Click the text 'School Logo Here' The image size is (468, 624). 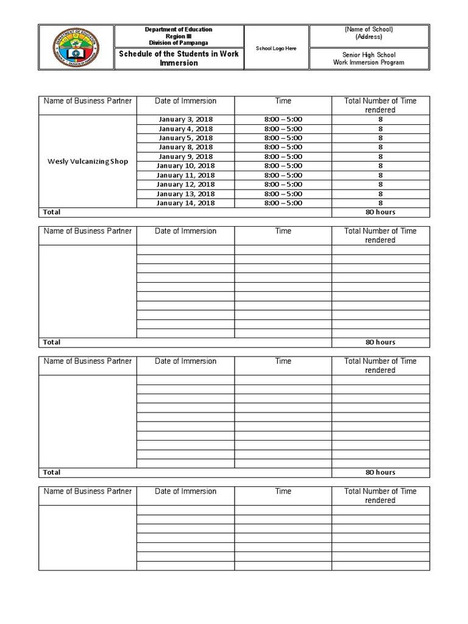pyautogui.click(x=276, y=48)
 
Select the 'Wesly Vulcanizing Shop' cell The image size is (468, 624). pyautogui.click(x=88, y=161)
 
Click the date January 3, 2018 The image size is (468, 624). pyautogui.click(x=185, y=119)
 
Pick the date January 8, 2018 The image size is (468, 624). pyautogui.click(x=185, y=147)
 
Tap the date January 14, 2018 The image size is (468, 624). pyautogui.click(x=185, y=203)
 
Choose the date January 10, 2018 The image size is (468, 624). pyautogui.click(x=185, y=166)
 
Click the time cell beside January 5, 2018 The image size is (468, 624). pyautogui.click(x=283, y=138)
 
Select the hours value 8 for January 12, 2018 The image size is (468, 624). pyautogui.click(x=380, y=184)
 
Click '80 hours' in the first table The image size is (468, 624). pyautogui.click(x=380, y=212)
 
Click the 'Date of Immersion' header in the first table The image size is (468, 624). pyautogui.click(x=185, y=101)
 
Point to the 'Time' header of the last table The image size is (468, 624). pyautogui.click(x=283, y=491)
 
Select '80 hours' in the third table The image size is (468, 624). pyautogui.click(x=380, y=472)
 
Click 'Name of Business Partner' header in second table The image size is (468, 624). pyautogui.click(x=88, y=231)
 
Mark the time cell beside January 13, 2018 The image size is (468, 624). pyautogui.click(x=283, y=194)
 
